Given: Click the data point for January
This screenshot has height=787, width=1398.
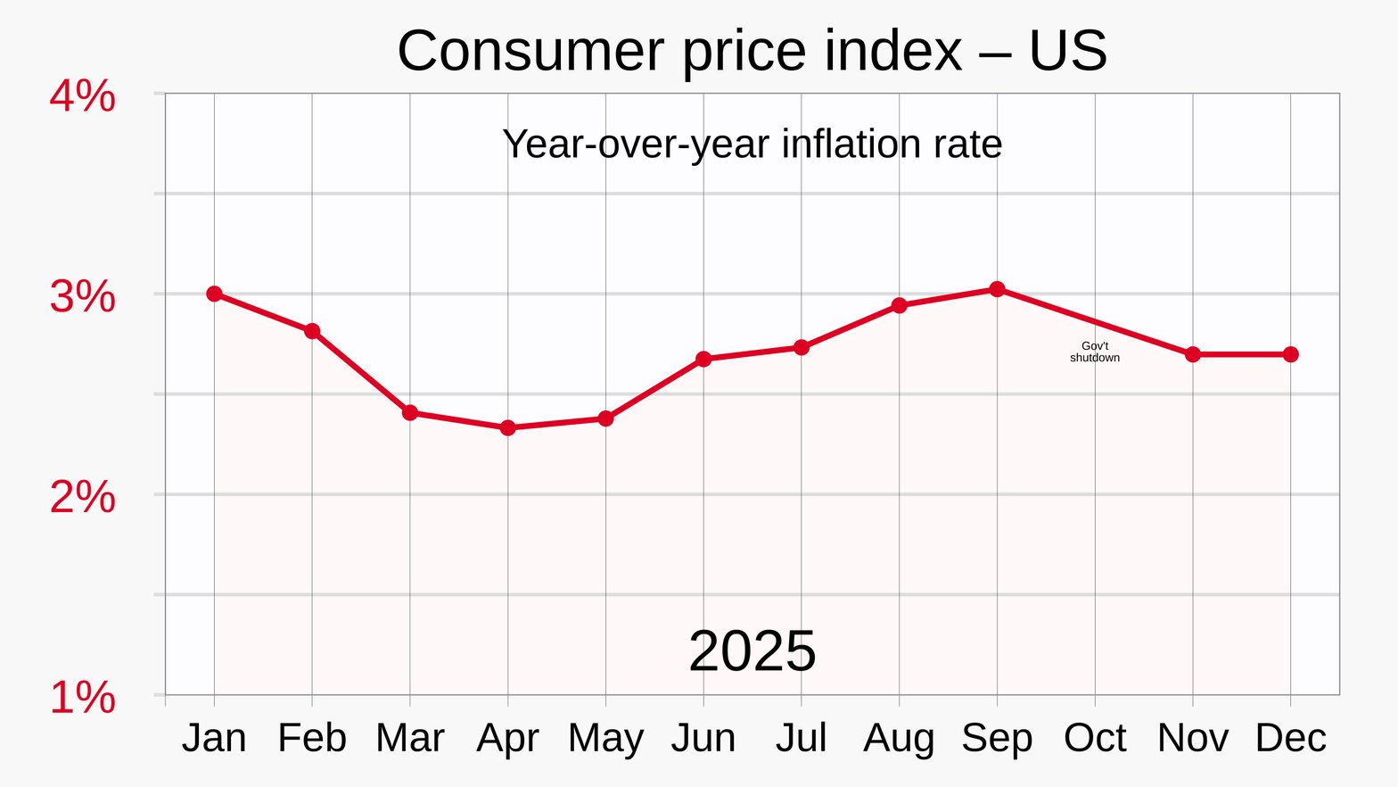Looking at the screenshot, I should click(214, 294).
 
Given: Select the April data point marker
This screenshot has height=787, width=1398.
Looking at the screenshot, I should click(508, 428).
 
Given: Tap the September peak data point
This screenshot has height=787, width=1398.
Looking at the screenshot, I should click(997, 289).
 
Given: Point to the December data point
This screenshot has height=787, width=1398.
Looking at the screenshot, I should click(1290, 354).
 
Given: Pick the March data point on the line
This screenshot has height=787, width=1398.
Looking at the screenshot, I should click(410, 412).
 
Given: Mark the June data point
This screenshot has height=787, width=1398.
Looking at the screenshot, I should click(703, 359).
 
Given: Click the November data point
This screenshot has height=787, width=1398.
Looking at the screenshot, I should click(1193, 354).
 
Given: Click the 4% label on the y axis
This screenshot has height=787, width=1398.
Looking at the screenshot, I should click(82, 96).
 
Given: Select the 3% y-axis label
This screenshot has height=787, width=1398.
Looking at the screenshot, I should click(82, 296).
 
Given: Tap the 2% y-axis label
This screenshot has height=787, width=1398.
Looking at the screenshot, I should click(82, 497).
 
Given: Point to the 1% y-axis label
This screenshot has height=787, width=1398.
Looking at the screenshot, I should click(82, 698).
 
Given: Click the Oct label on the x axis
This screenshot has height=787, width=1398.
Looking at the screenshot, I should click(1095, 739).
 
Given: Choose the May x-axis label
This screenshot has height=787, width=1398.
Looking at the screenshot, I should click(605, 739).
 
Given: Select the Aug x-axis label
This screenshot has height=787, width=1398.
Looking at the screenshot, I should click(899, 739).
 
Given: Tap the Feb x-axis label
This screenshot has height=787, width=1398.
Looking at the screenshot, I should click(312, 739).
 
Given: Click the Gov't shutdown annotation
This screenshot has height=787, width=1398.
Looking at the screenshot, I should click(1095, 352).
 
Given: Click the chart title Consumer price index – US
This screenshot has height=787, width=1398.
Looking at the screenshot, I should click(752, 51).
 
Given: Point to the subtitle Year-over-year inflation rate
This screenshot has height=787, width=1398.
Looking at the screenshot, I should click(752, 145).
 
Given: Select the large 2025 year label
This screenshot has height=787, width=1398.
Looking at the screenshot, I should click(752, 651).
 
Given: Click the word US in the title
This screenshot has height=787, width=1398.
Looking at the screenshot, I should click(1067, 51).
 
